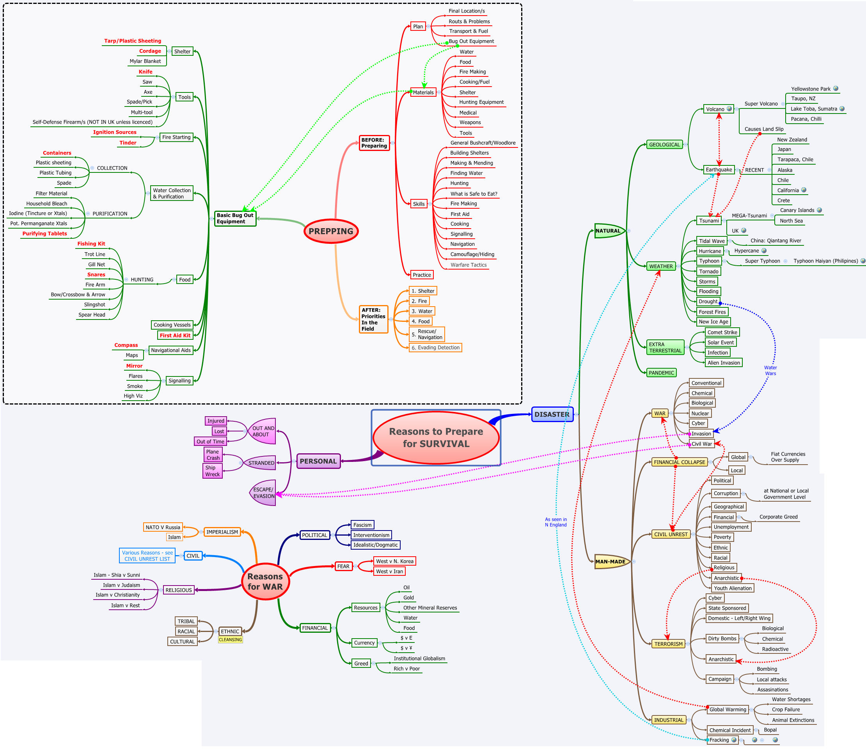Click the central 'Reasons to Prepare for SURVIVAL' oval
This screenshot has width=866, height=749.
pos(436,438)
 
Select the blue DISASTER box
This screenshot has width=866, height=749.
pos(552,414)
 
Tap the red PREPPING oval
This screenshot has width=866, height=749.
pos(331,231)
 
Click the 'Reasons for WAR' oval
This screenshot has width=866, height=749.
pos(265,581)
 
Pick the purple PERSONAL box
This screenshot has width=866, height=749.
pos(318,461)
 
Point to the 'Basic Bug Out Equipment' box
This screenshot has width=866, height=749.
pos(235,218)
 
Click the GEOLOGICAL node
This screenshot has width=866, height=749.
pos(664,145)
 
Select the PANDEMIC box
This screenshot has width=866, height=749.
pos(661,373)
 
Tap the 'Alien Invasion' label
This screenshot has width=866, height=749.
pos(724,363)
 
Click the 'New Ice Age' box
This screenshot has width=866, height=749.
pos(713,321)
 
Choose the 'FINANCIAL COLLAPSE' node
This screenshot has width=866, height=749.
pos(679,462)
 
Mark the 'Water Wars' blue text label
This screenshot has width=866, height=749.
pos(770,371)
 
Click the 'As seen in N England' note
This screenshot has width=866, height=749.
pos(555,522)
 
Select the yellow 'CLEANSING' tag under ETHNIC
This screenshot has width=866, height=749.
pos(230,639)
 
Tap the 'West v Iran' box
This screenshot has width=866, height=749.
pos(389,572)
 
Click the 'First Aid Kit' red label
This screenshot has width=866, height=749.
pos(175,335)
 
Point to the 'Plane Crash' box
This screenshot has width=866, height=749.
pos(213,455)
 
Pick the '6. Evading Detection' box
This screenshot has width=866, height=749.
pos(435,347)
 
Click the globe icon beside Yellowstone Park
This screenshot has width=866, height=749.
pos(836,89)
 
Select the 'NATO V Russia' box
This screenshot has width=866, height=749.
pos(163,527)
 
